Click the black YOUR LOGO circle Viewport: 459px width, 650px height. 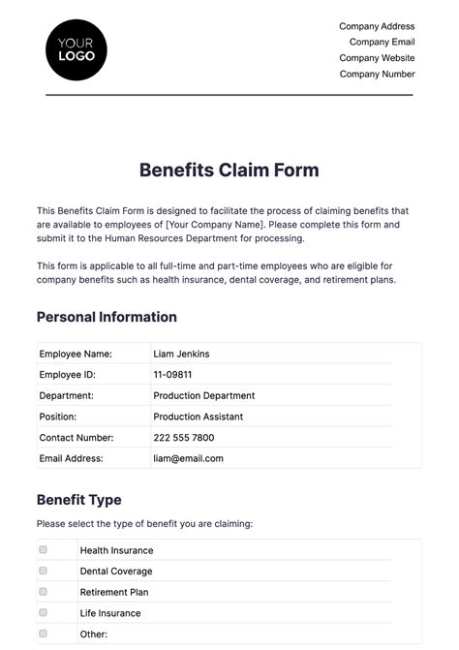[x=76, y=48]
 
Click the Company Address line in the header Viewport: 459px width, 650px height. [x=377, y=26]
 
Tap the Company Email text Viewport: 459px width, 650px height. [x=382, y=42]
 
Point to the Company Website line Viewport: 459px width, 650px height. [x=377, y=58]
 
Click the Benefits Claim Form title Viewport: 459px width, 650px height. [x=229, y=170]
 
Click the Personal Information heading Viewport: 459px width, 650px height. [x=107, y=317]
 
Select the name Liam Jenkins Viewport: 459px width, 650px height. [x=181, y=354]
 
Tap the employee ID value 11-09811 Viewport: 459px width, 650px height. [x=172, y=375]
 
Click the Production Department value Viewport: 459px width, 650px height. [x=203, y=395]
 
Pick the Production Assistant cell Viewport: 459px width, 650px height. [x=198, y=417]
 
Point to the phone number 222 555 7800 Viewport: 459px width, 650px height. [x=184, y=438]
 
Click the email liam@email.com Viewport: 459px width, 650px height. [x=188, y=458]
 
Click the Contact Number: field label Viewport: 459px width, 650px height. [x=76, y=438]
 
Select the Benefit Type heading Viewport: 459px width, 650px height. [x=79, y=500]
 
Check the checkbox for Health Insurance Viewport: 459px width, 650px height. [x=43, y=549]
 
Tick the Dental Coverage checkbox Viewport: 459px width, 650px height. [x=43, y=571]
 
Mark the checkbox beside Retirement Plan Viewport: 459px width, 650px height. [x=43, y=591]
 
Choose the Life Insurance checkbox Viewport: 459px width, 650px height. [x=43, y=612]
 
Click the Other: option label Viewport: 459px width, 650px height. [x=93, y=635]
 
